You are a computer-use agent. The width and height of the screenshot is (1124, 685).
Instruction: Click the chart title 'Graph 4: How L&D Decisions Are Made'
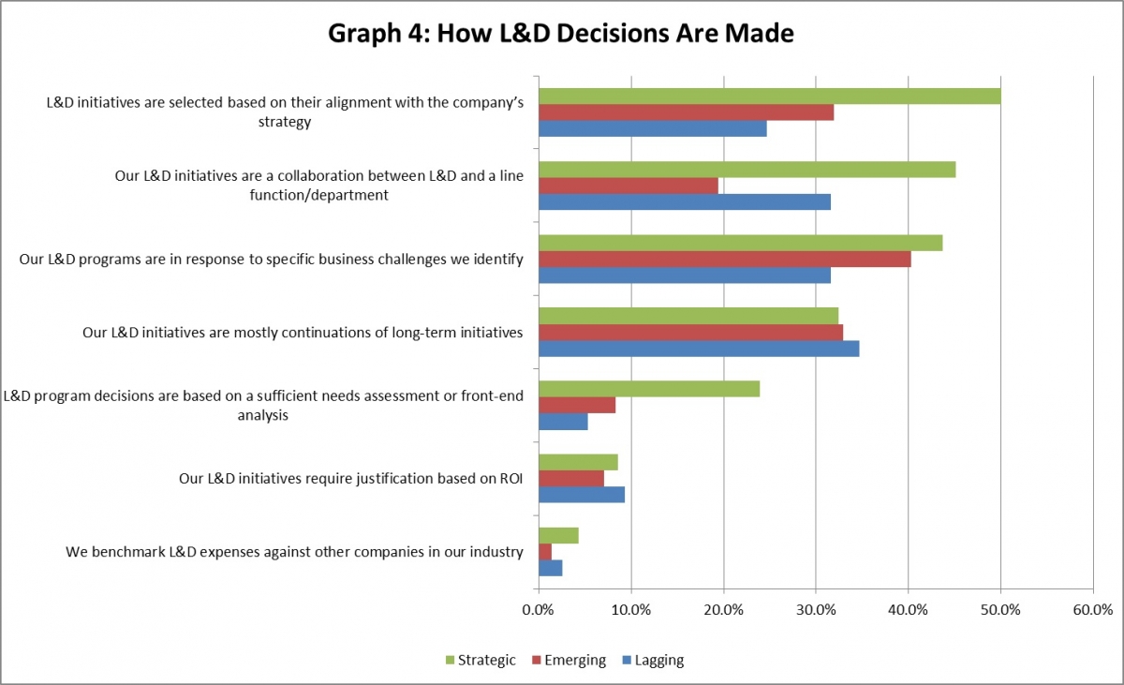[x=561, y=34]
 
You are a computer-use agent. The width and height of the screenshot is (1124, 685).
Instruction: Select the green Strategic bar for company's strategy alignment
[x=769, y=97]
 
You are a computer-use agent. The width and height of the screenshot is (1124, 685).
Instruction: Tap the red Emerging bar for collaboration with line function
[x=629, y=186]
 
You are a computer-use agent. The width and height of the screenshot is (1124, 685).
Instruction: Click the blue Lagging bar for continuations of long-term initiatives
[x=699, y=349]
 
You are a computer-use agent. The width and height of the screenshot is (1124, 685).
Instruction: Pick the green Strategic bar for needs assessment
[x=649, y=389]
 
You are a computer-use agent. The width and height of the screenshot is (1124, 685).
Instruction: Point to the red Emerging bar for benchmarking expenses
[x=545, y=552]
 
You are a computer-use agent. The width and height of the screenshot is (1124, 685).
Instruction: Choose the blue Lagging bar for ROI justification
[x=582, y=495]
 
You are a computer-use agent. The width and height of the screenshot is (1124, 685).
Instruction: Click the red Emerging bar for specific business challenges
[x=724, y=259]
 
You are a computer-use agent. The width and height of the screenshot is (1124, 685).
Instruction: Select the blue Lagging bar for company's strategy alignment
[x=653, y=129]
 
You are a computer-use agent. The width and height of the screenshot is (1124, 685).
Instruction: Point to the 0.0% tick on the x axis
[x=539, y=610]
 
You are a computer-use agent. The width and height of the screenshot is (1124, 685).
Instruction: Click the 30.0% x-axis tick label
[x=816, y=610]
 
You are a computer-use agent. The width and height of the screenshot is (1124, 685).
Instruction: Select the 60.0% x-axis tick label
[x=1093, y=610]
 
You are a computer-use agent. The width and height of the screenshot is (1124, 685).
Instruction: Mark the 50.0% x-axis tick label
[x=1000, y=610]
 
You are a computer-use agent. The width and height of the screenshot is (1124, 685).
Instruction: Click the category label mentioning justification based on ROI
[x=350, y=479]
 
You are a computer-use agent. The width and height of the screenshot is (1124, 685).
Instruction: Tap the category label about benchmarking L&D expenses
[x=294, y=552]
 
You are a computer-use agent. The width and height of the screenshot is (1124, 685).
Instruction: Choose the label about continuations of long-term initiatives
[x=303, y=332]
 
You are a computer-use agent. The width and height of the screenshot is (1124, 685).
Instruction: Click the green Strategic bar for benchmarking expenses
[x=558, y=536]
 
